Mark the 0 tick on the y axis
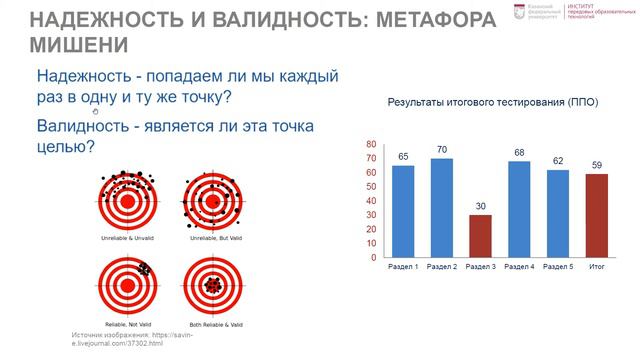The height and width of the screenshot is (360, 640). click(x=374, y=257)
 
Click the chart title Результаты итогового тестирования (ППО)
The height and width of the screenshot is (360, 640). click(x=492, y=102)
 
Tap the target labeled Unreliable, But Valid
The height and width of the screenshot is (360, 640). click(x=211, y=192)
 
